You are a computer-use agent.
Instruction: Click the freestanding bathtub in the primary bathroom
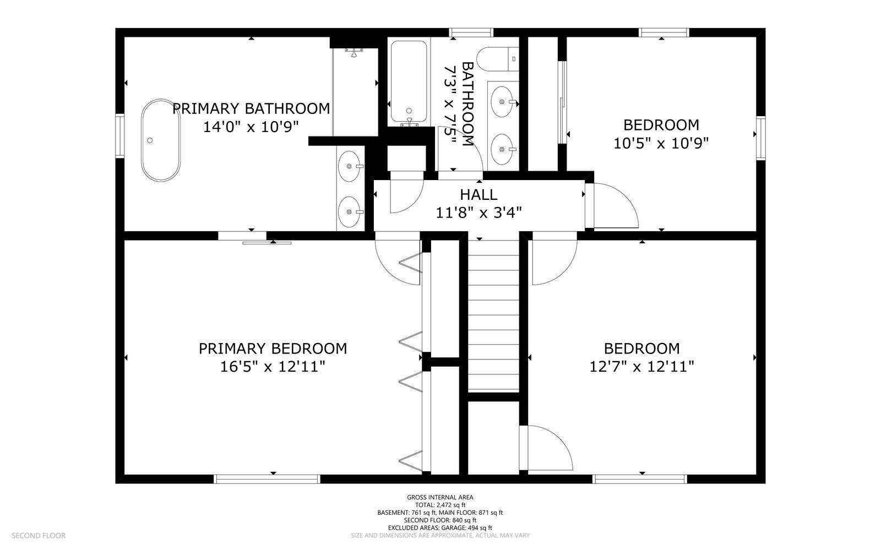coord(161,140)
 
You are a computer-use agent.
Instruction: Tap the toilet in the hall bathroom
coord(498,59)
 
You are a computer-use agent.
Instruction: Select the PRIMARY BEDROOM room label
coord(273,348)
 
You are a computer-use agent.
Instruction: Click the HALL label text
coord(478,194)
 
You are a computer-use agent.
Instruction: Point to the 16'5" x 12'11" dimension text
coord(273,367)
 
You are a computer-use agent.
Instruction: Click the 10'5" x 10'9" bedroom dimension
coord(661,144)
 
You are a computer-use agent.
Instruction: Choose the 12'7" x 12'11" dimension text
coord(642,367)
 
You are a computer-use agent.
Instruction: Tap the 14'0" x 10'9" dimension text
coord(251,127)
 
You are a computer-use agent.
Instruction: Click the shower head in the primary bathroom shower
coord(354,52)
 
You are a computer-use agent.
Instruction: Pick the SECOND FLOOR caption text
coord(39,536)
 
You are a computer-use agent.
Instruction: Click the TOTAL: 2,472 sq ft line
coord(440,505)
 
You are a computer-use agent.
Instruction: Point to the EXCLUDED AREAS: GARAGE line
coord(440,528)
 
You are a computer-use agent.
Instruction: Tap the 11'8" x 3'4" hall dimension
coord(478,213)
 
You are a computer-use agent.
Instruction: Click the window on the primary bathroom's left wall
coord(119,136)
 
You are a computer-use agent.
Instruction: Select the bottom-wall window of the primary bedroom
coord(267,479)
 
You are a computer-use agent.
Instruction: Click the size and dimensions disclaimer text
coord(440,536)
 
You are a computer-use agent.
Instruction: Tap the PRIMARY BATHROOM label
coord(251,108)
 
